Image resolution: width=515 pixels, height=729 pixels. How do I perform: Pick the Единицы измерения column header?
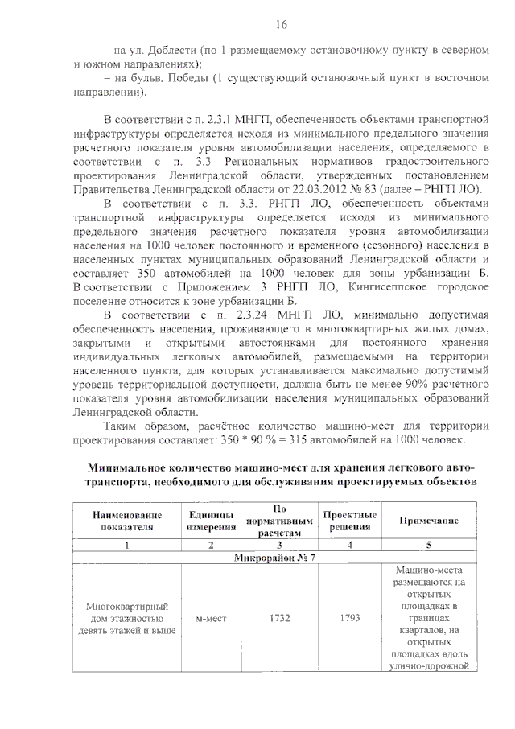[x=211, y=521]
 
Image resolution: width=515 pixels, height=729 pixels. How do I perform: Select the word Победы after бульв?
[x=189, y=78]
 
